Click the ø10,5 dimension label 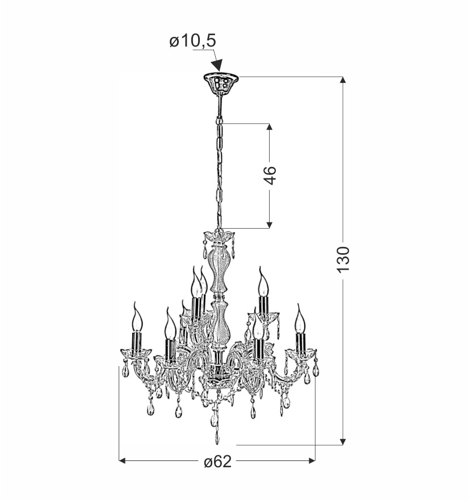pyautogui.click(x=193, y=41)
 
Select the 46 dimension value pyautogui.click(x=270, y=175)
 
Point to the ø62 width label pyautogui.click(x=217, y=462)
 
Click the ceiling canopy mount pyautogui.click(x=221, y=83)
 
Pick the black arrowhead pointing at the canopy pyautogui.click(x=218, y=65)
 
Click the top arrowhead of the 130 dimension pyautogui.click(x=343, y=81)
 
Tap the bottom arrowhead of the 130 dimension pyautogui.click(x=343, y=442)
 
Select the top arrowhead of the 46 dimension pyautogui.click(x=270, y=127)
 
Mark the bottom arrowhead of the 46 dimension pyautogui.click(x=270, y=225)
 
